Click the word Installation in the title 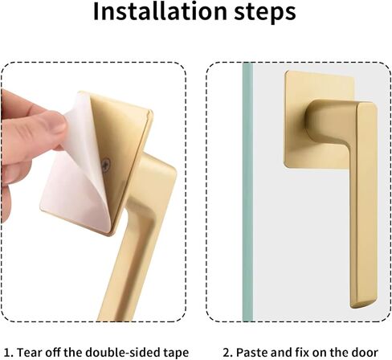click(160, 11)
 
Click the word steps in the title click(265, 13)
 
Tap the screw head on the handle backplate click(106, 164)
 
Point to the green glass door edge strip click(247, 192)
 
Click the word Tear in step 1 click(29, 352)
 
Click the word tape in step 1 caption click(176, 353)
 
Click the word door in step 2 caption click(365, 352)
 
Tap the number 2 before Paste click(227, 353)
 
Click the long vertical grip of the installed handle click(363, 203)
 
